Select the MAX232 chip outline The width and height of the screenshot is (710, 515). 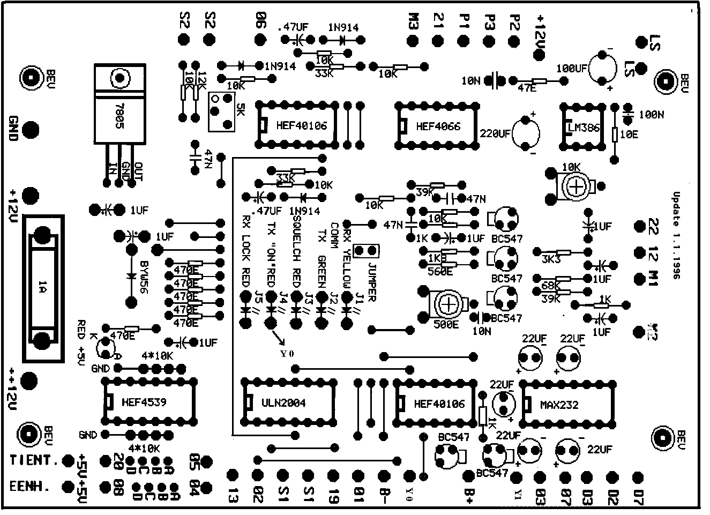pos(568,405)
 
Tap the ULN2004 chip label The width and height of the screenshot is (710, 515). pos(284,403)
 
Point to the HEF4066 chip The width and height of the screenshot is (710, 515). pos(438,126)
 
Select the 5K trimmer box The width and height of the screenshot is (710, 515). pos(221,111)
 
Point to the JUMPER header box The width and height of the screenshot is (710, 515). pos(367,250)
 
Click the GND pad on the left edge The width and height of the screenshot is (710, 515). pos(31,129)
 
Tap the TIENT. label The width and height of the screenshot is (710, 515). pos(33,460)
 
